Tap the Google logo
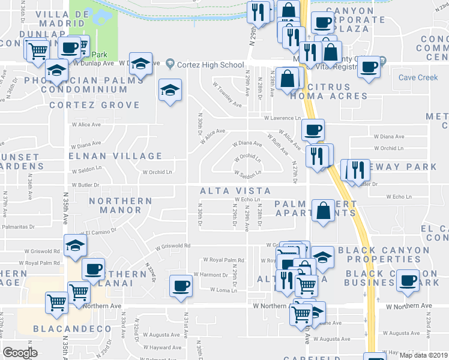(20, 353)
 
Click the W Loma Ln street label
(223, 290)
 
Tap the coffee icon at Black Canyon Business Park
(409, 280)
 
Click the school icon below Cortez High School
(170, 90)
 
